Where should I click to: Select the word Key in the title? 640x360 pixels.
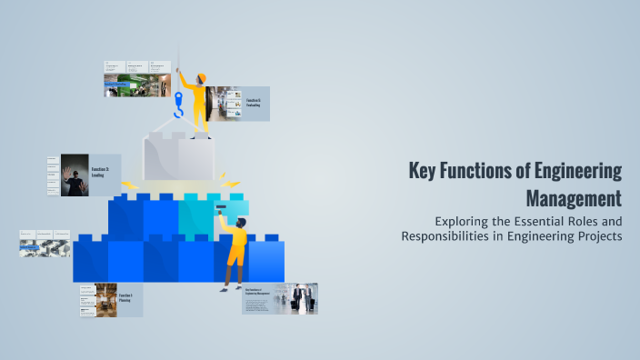click(x=423, y=170)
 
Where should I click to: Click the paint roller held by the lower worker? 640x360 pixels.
click(x=221, y=210)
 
